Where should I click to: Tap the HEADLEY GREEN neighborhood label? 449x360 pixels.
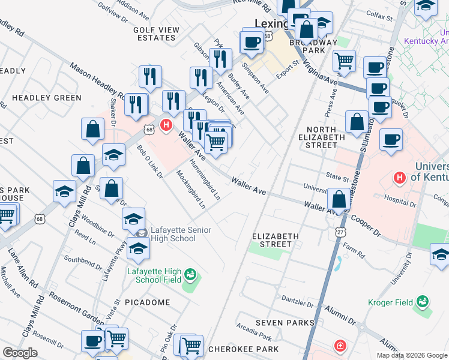coord(46,98)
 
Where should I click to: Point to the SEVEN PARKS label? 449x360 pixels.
coord(285,323)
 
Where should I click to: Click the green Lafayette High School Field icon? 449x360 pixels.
coord(191,275)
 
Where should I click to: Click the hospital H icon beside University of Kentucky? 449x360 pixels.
coord(399,178)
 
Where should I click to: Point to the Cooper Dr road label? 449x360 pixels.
coord(367,224)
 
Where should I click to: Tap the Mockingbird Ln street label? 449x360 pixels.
coord(191,189)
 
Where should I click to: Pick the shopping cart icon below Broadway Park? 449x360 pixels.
coord(344,59)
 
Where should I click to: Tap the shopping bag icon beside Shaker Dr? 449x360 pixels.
coord(92,129)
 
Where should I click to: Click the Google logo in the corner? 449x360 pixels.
coord(20,353)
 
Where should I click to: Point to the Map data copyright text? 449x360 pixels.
coord(412,355)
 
